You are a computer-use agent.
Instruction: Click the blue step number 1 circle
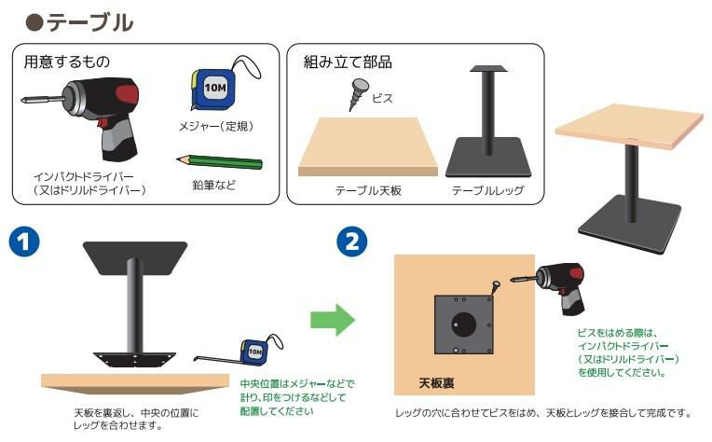tap(24, 242)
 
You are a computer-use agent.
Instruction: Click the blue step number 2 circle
tap(352, 242)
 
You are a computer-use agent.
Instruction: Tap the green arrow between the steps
tap(333, 320)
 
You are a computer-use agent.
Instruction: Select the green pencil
tap(219, 161)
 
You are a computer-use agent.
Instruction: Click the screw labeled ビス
tap(358, 94)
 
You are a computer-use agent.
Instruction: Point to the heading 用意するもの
tap(67, 62)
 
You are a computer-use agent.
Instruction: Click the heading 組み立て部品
tap(348, 62)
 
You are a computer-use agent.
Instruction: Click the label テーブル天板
tap(368, 190)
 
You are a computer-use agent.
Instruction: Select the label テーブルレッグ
tap(487, 190)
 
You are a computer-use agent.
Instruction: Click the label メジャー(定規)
tap(216, 126)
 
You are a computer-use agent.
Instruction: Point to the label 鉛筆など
tap(213, 185)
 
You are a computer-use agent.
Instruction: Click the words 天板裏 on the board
tap(436, 383)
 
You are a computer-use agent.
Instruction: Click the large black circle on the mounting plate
tap(463, 324)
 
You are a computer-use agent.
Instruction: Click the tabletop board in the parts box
tap(368, 146)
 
